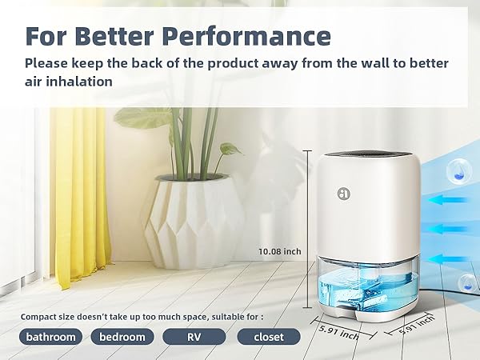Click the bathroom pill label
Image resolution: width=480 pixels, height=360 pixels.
(50, 337)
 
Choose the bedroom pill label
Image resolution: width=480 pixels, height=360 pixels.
(122, 337)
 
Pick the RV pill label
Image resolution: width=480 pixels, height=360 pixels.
(194, 337)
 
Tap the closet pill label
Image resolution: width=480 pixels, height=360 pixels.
(268, 337)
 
